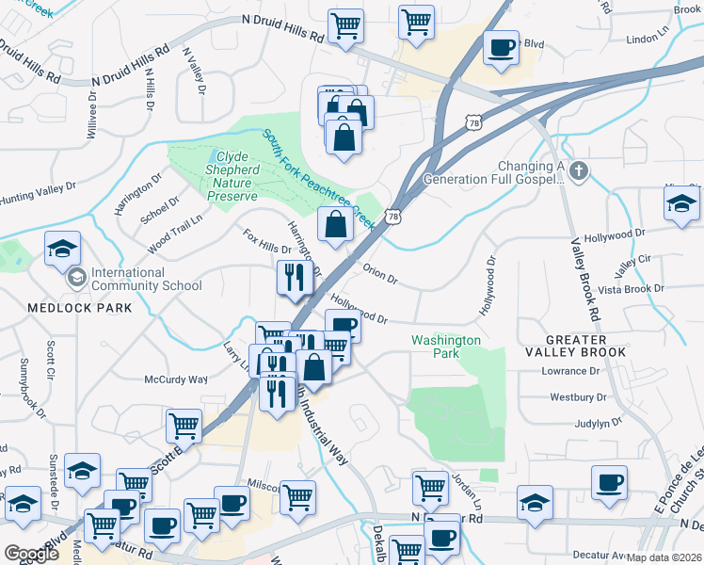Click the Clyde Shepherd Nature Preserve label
[231, 176]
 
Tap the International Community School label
[145, 279]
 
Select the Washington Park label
[446, 347]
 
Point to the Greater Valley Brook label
[586, 346]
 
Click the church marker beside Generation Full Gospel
[579, 170]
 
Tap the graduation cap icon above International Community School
[63, 249]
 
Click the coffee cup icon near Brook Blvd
[501, 47]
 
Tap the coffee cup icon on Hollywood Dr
[344, 326]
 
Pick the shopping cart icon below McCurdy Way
[184, 426]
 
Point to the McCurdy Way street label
[175, 379]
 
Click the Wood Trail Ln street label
[175, 234]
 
